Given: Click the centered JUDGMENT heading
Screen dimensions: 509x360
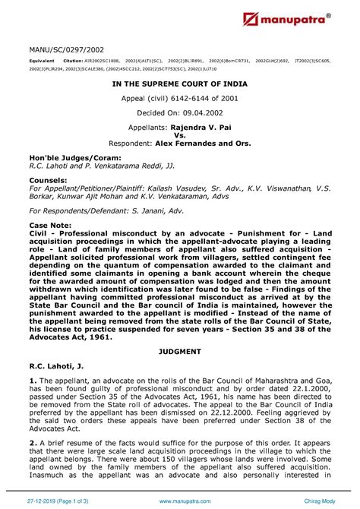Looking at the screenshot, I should point(180,353).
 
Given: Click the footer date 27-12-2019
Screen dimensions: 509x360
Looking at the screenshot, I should point(41,500).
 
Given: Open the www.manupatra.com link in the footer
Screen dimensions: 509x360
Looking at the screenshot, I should point(180,500).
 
